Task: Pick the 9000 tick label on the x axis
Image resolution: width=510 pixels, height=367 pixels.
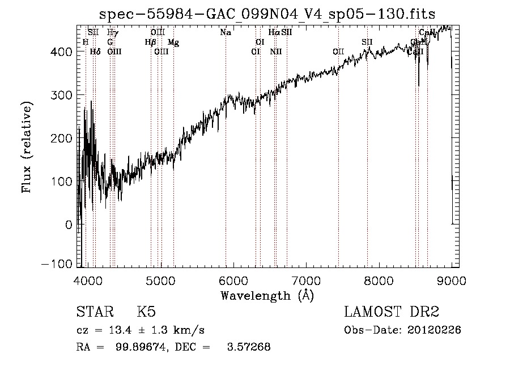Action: [451, 280]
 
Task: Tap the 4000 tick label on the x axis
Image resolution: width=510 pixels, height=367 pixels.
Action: [87, 280]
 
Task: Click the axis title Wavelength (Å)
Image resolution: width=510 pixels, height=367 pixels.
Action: [267, 295]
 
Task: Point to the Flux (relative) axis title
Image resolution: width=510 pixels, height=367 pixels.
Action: [27, 147]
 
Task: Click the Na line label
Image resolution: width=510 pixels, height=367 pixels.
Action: [226, 32]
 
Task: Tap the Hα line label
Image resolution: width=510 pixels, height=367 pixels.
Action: [274, 32]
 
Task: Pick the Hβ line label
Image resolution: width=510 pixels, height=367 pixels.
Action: [150, 42]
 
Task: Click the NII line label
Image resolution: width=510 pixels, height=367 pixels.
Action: [276, 51]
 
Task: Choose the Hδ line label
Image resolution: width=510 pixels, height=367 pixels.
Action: [95, 51]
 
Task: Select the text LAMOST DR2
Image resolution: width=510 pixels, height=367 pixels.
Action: [392, 312]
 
